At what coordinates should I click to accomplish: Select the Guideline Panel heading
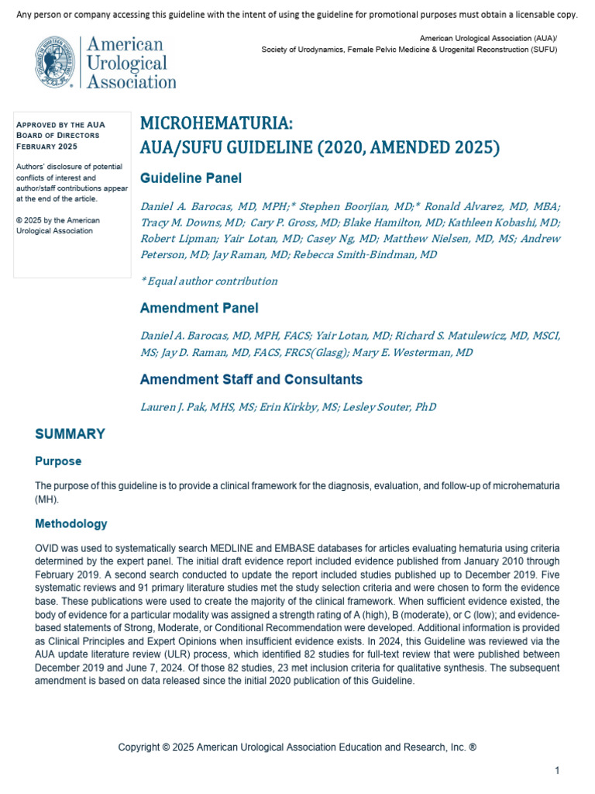191,178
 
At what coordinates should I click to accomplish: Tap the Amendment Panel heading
199,308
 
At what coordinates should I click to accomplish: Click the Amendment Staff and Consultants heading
251,380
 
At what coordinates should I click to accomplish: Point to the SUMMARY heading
71,434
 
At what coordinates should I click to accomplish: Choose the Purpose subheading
58,461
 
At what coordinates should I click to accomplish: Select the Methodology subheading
71,524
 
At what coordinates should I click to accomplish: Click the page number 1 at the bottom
556,770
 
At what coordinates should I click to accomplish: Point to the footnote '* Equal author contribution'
208,281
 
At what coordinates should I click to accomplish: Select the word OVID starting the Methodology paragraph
46,548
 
